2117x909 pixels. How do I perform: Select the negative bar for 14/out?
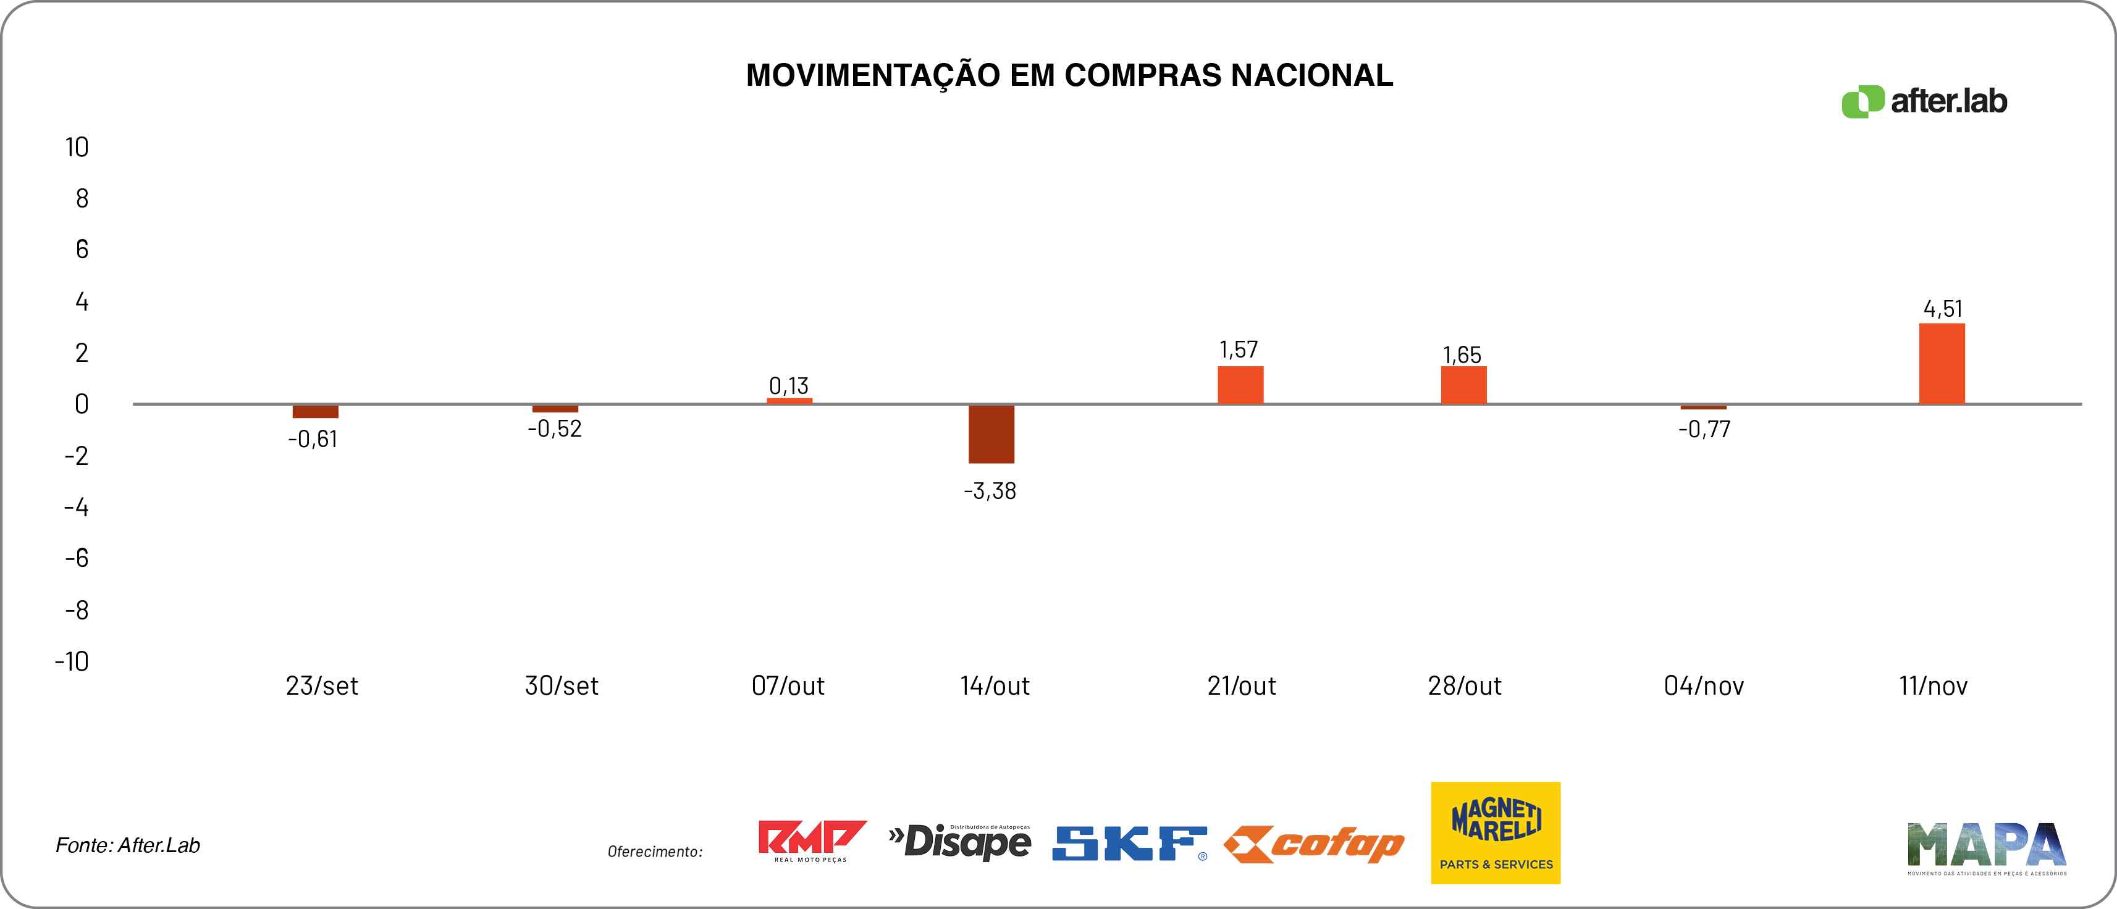point(991,434)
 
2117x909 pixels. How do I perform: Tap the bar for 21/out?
point(1240,385)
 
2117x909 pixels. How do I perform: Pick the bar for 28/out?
point(1463,385)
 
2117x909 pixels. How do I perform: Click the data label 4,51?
point(1943,309)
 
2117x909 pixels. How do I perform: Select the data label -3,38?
point(990,492)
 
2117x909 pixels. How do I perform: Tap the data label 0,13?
point(789,385)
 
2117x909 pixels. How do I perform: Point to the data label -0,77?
point(1704,429)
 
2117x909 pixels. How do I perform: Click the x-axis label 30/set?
point(562,685)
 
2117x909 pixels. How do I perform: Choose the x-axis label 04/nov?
point(1704,685)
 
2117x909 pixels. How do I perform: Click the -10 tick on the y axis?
point(72,661)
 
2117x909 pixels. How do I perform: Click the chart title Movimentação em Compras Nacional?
point(1069,75)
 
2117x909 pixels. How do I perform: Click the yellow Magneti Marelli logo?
point(1495,832)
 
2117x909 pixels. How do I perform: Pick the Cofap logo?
point(1314,844)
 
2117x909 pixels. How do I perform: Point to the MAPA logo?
point(1986,847)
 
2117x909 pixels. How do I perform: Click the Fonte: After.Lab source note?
point(127,845)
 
